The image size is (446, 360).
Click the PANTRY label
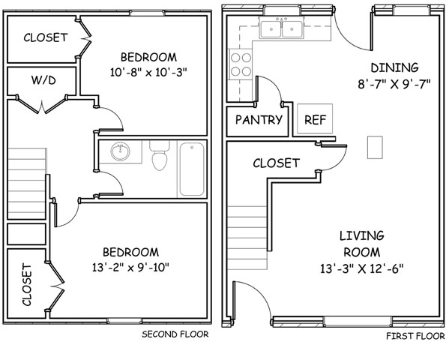point(259,120)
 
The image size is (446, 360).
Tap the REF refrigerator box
point(315,118)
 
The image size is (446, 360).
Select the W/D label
point(43,80)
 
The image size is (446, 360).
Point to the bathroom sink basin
point(121,151)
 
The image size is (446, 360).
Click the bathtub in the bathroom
point(192,169)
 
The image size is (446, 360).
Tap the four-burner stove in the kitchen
point(241,64)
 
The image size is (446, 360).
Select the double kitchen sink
point(281,29)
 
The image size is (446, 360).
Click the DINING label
point(394,67)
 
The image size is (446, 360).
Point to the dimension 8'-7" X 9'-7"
point(394,84)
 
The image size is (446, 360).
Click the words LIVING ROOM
point(362,244)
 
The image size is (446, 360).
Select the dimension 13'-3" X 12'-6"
point(362,268)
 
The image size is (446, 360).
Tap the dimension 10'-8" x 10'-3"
point(148,72)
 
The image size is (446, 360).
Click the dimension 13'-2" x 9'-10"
point(130,267)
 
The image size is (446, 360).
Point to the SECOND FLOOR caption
point(175,334)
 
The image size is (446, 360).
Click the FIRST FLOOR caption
point(415,336)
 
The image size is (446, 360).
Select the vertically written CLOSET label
point(27,285)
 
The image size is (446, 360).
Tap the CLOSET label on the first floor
point(276,163)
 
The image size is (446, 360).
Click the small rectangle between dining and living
point(375,148)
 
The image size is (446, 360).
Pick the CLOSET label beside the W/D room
point(46,37)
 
